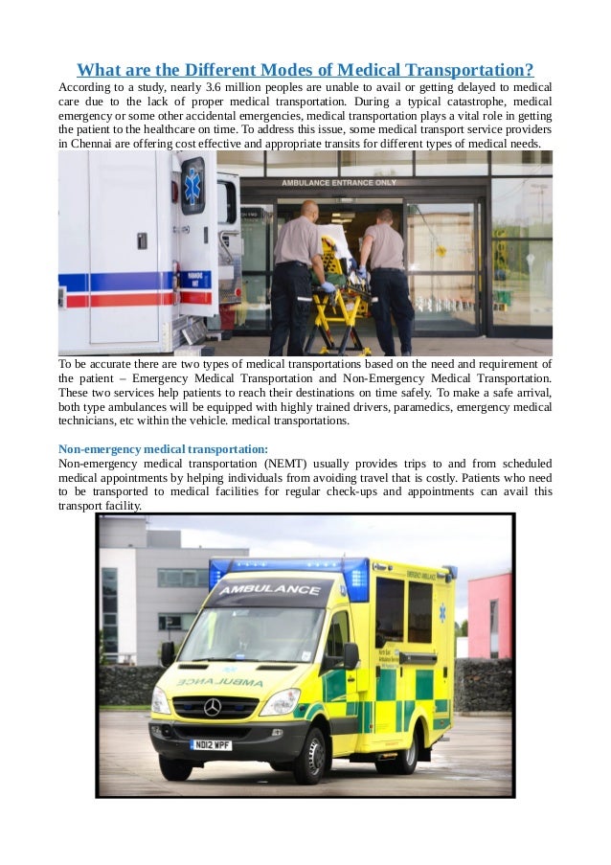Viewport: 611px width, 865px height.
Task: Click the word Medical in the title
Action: tap(368, 70)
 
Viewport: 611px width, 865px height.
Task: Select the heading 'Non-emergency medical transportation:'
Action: tap(163, 448)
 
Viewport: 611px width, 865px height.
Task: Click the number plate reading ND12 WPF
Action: tap(212, 744)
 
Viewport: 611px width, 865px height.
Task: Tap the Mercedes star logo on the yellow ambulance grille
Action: tap(212, 707)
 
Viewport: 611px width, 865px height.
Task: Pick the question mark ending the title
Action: tap(529, 70)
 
